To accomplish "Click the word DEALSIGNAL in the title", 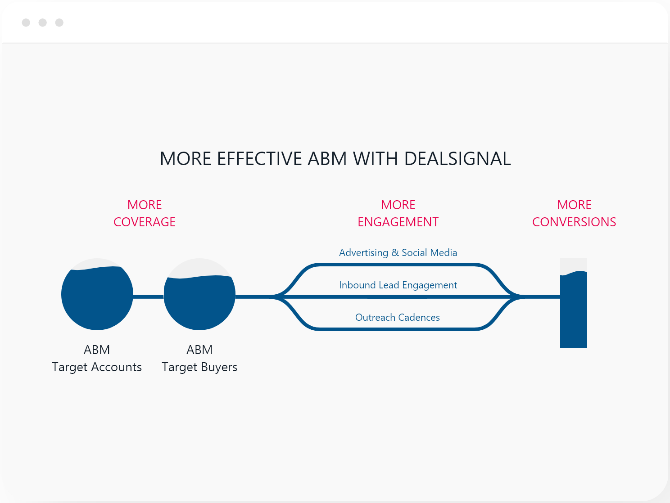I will coord(457,159).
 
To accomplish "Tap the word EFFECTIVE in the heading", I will coord(259,159).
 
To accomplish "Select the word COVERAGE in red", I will coord(145,222).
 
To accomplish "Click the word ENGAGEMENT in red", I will coord(398,222).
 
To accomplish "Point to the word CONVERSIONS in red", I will coord(574,222).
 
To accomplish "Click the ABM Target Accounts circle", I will coord(97,299).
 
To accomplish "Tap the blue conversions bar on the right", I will coord(574,310).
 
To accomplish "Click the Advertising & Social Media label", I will coord(398,253).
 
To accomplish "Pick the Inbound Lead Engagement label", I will coord(398,285).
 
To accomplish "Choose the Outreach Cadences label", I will coord(398,318).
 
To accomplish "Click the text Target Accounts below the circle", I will coord(97,367).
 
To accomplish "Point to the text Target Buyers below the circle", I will coord(199,367).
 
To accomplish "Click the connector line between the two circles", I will coord(149,297).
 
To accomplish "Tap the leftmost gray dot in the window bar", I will coord(26,22).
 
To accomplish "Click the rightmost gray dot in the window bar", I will coord(59,22).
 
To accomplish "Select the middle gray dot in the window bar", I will coord(43,22).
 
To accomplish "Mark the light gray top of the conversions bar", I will coord(574,265).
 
